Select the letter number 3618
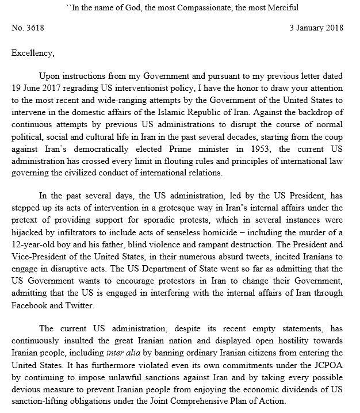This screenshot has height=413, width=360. [x=29, y=28]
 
